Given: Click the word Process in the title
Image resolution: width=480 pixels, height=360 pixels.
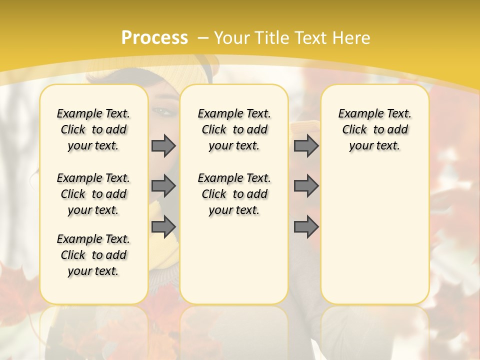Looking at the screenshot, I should tap(154, 37).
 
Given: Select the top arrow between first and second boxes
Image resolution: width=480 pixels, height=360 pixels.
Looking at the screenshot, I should tap(163, 146).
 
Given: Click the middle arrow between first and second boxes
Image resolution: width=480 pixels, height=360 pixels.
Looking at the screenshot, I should tap(163, 186).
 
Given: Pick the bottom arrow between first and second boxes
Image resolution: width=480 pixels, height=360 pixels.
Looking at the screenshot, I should tap(163, 227).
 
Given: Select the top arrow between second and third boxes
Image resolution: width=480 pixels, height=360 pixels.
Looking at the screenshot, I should tap(306, 146).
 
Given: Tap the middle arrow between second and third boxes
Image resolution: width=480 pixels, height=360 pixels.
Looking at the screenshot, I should tap(306, 186).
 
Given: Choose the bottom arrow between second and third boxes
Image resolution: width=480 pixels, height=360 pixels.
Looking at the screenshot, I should tap(306, 227).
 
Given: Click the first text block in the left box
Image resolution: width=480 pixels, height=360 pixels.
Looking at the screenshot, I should tap(93, 129).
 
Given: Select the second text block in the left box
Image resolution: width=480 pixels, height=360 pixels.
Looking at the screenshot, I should tap(93, 194).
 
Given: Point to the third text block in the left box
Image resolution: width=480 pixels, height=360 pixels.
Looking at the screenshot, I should tap(93, 255).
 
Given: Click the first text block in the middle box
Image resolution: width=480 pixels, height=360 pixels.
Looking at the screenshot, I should tap(234, 129).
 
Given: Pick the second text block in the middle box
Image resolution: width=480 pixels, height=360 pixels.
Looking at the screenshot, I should tap(234, 194).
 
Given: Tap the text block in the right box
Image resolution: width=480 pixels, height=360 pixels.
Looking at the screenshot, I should tap(375, 129).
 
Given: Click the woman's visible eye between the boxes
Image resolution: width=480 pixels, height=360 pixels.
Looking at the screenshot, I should tap(163, 111).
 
